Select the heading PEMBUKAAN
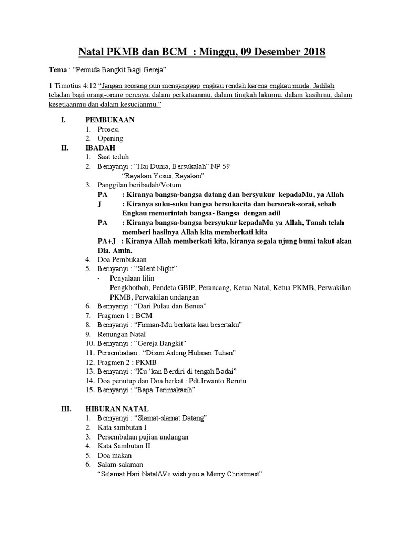click(110, 119)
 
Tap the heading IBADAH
click(100, 148)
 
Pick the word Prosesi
click(108, 129)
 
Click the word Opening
click(110, 138)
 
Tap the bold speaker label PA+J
click(108, 241)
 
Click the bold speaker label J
click(99, 204)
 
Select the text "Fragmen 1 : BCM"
click(125, 316)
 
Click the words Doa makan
click(114, 455)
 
